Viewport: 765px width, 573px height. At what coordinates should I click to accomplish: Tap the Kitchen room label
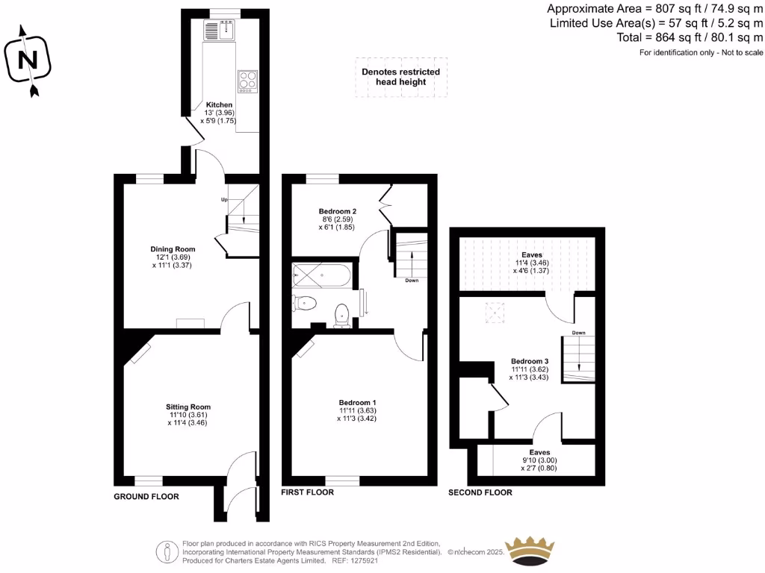click(x=219, y=104)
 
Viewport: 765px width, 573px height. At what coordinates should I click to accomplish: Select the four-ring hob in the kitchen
click(x=247, y=80)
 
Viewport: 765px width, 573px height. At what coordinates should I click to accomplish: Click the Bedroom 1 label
click(x=357, y=403)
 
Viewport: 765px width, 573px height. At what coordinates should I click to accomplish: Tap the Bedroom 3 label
click(x=530, y=361)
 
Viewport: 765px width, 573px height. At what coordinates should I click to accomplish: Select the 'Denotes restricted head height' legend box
click(x=400, y=77)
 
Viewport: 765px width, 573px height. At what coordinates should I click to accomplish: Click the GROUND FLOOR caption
click(x=146, y=496)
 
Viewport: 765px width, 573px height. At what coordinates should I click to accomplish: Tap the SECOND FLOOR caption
click(x=480, y=492)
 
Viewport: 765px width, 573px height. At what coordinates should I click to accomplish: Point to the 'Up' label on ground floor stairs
click(x=223, y=200)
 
